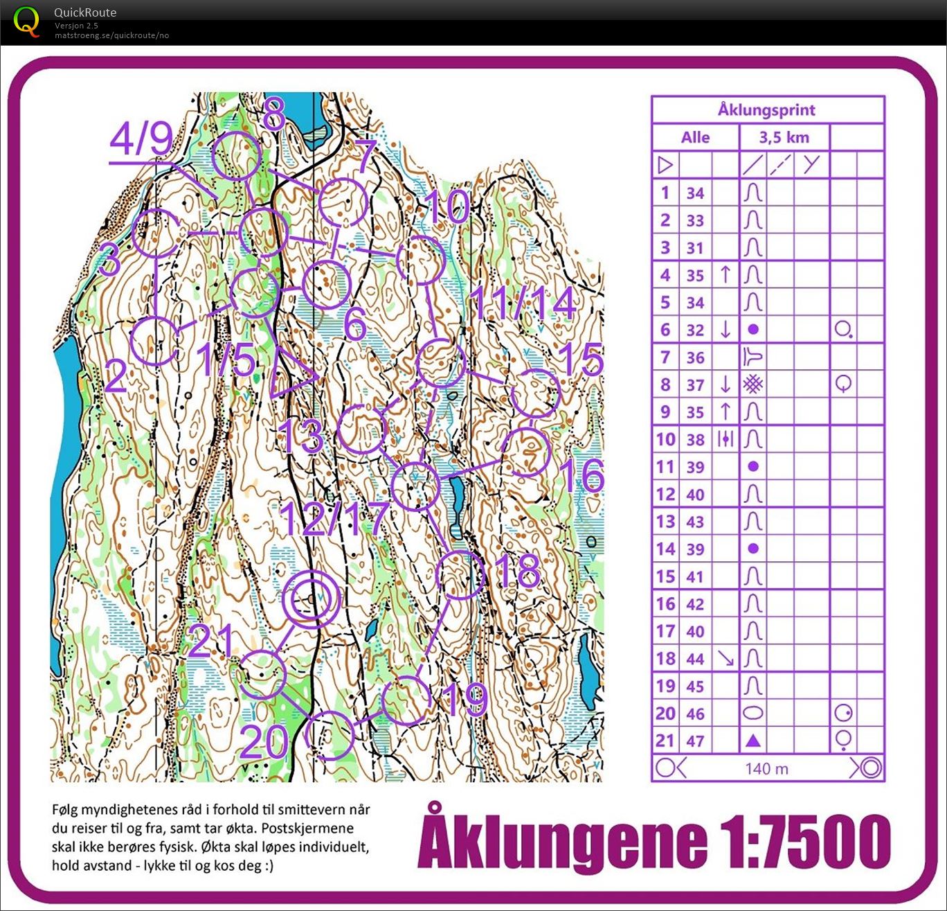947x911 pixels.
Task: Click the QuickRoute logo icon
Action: [26, 21]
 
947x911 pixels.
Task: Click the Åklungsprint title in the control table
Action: [766, 109]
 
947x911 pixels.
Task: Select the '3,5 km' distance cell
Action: [784, 137]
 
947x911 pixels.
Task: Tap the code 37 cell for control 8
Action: [695, 384]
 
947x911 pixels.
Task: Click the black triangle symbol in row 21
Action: [753, 741]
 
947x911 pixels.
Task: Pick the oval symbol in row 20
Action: [753, 713]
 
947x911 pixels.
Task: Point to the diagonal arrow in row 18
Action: [725, 658]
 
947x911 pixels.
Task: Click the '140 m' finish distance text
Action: [766, 768]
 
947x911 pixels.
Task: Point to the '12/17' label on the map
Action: [335, 518]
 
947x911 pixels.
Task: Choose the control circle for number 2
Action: [154, 341]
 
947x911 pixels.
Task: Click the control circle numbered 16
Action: [525, 452]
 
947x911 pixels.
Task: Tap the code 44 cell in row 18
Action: [695, 658]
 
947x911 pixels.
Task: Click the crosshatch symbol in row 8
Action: [753, 384]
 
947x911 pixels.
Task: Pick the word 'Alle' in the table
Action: [695, 137]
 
